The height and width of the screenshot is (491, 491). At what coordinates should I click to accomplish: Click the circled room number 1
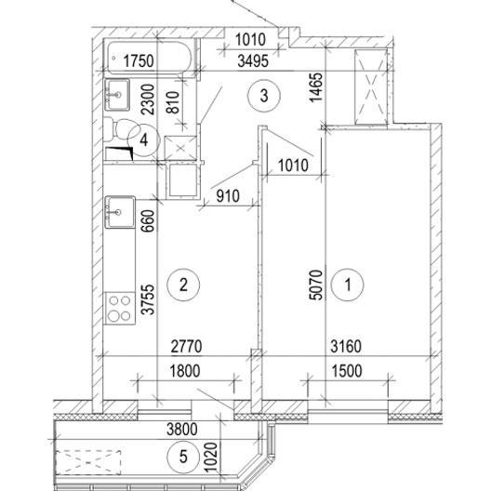coord(348,285)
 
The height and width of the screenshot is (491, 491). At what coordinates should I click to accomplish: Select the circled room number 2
coord(183,285)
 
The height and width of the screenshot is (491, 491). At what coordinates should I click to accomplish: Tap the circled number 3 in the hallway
coord(264,95)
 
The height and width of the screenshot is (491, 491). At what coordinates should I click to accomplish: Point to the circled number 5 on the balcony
coord(183,456)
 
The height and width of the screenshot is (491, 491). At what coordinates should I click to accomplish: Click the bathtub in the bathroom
coord(150,58)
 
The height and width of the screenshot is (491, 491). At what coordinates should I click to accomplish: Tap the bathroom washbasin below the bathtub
coord(117,95)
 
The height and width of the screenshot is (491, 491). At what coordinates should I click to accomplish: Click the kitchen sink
coord(120,212)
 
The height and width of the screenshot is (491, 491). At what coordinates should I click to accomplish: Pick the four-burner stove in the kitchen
coord(120,308)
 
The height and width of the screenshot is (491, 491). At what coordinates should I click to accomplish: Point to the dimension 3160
coord(346,346)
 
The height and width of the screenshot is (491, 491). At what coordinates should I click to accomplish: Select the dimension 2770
coord(187,346)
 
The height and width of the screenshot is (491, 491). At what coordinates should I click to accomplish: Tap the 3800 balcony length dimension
coord(182,430)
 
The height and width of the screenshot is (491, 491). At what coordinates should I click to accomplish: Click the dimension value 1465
coord(315,87)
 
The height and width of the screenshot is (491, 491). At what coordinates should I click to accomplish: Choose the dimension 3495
coord(253,61)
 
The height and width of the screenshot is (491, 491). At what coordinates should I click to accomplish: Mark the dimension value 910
coord(228,196)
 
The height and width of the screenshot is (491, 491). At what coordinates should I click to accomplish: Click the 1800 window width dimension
coord(185,371)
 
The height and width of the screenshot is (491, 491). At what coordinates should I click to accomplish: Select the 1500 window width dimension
coord(347,371)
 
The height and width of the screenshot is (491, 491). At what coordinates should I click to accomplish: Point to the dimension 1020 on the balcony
coord(210,457)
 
